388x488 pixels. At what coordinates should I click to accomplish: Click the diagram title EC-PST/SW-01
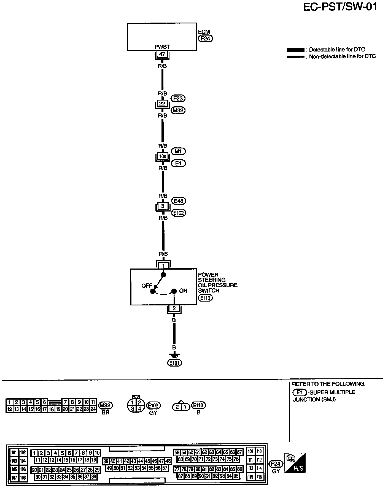340,7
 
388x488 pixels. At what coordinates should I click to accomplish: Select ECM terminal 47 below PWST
162,54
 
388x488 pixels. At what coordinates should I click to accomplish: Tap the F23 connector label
178,98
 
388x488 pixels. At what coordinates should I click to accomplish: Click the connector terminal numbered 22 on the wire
162,104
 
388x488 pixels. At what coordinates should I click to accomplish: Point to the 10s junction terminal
163,156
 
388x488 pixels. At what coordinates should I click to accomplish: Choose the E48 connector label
178,201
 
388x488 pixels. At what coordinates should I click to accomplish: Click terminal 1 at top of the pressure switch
163,266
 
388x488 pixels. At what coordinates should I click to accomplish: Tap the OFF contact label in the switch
147,286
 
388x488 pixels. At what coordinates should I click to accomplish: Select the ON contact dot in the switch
174,291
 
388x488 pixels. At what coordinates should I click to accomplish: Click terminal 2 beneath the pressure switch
174,308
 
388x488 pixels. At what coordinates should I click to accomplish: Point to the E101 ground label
175,363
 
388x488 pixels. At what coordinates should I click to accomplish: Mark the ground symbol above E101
174,356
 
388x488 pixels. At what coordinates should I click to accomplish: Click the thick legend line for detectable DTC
295,50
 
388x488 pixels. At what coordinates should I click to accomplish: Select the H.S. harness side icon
295,462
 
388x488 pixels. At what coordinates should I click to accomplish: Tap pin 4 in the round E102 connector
139,409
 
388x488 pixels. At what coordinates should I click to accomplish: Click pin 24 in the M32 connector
93,409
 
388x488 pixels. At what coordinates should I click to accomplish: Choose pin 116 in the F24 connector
259,477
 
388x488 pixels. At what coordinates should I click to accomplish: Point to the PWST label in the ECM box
162,47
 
